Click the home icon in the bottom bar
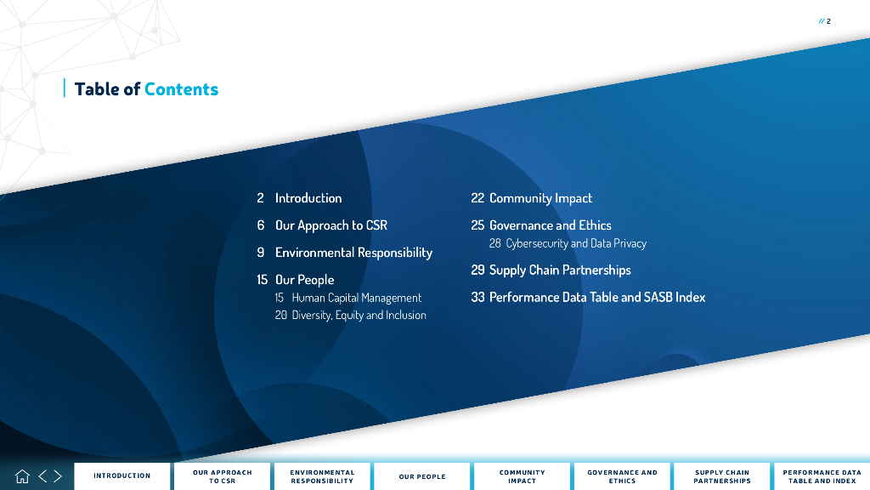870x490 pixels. [x=22, y=476]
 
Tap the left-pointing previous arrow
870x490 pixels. [x=42, y=476]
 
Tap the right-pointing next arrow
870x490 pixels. [x=58, y=476]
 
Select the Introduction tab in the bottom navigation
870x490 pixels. [x=122, y=476]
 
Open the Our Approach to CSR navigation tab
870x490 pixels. [x=223, y=476]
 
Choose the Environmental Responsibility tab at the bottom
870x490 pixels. [x=322, y=476]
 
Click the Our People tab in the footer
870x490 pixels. [x=422, y=476]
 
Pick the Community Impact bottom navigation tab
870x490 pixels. [x=523, y=476]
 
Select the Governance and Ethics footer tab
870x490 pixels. [x=623, y=476]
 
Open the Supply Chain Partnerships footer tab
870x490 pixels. [x=722, y=476]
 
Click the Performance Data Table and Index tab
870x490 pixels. [x=822, y=476]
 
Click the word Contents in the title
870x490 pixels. [x=182, y=88]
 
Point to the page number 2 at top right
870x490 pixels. [x=828, y=21]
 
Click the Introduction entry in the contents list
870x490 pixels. [x=308, y=197]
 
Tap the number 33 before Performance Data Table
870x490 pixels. [x=477, y=297]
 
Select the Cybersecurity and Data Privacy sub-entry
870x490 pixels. [x=576, y=243]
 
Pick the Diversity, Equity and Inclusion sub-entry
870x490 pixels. [x=359, y=315]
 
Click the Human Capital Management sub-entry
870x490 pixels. [x=357, y=298]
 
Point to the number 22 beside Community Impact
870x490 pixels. [x=477, y=197]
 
